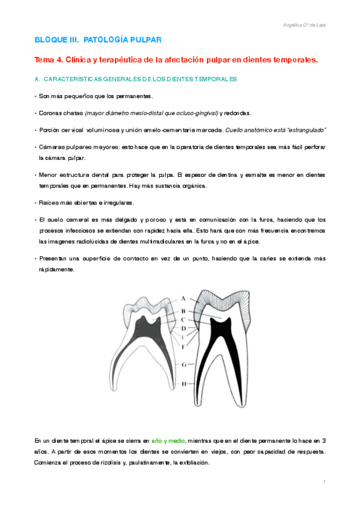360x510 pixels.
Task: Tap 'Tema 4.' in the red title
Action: point(49,60)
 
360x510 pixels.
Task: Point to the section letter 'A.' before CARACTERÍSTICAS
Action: point(38,79)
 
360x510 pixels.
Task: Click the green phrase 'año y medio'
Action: point(169,441)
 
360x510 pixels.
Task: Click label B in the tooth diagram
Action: point(182,310)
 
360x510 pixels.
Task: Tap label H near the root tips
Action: point(183,383)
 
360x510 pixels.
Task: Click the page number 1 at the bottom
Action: point(324,482)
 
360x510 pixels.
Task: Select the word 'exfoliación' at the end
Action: point(191,463)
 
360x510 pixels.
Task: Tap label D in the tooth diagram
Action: point(183,328)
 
